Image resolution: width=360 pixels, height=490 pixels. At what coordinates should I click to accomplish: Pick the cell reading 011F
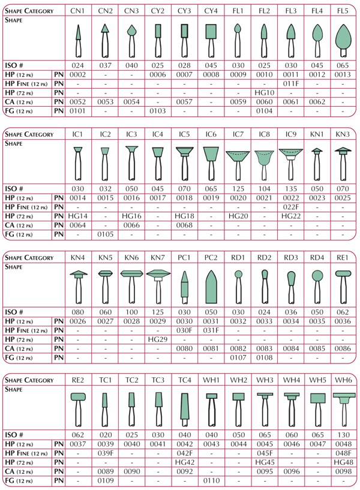click(290, 83)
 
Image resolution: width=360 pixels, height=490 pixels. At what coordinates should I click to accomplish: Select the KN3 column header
click(343, 133)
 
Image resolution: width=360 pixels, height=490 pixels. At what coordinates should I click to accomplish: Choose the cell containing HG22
click(290, 215)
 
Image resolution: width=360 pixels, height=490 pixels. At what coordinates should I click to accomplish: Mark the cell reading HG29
click(157, 339)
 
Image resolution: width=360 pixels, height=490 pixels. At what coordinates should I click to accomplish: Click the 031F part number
click(211, 330)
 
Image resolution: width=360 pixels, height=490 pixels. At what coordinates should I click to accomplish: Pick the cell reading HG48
click(343, 462)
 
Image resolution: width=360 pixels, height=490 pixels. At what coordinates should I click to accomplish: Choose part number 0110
click(211, 481)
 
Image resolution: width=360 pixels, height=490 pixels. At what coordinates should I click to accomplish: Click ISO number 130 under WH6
click(343, 434)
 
